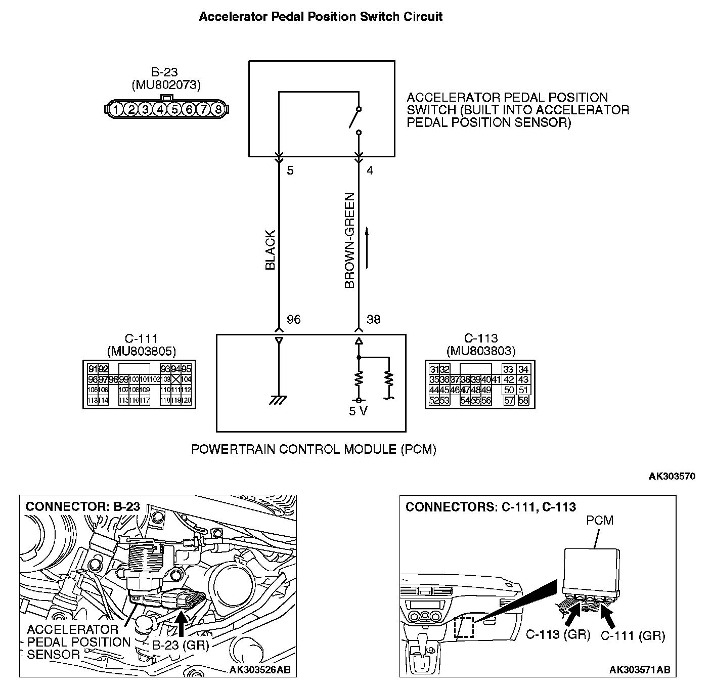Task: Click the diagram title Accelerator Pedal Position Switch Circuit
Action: (x=321, y=17)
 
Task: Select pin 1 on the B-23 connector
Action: (x=116, y=109)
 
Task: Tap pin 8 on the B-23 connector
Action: (x=217, y=109)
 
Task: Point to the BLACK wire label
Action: (x=271, y=250)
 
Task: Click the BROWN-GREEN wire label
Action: (x=349, y=241)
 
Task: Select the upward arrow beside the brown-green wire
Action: (x=367, y=248)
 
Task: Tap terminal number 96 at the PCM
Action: (x=293, y=320)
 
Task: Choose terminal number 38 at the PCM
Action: (x=373, y=320)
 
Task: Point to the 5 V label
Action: (x=358, y=411)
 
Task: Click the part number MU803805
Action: (x=142, y=351)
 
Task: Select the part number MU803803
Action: (x=481, y=351)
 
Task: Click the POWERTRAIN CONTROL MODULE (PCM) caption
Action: (x=314, y=449)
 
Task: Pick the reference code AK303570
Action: (x=672, y=476)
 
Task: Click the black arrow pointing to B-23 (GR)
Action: (x=181, y=623)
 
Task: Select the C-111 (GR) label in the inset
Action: (x=633, y=636)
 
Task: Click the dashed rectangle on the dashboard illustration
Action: (x=464, y=627)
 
